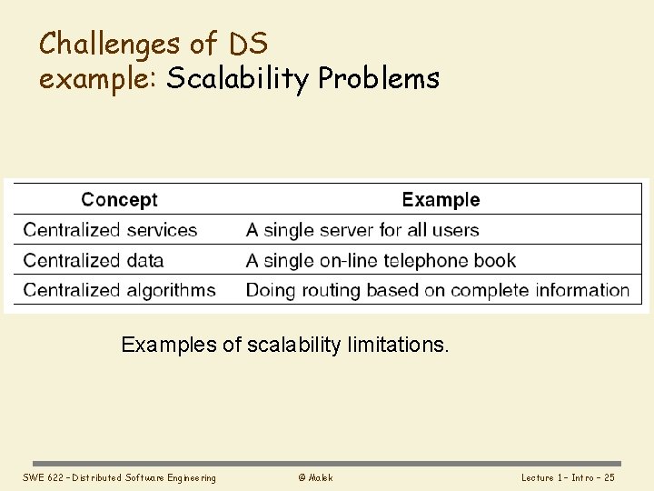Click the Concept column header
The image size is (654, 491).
[x=119, y=200]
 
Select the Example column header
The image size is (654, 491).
[x=441, y=200]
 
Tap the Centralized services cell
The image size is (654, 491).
[x=110, y=230]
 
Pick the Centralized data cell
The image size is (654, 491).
[x=94, y=260]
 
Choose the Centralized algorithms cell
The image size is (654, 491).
[x=119, y=291]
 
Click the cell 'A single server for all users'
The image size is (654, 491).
[x=362, y=230]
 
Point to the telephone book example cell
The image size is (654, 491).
[x=381, y=260]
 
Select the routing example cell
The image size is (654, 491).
[x=438, y=291]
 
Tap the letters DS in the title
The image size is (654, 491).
[x=248, y=43]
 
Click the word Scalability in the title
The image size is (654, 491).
[x=238, y=79]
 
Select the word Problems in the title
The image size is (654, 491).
[x=379, y=79]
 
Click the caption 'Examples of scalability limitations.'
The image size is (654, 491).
[x=285, y=346]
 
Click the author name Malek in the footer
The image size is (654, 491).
[x=320, y=478]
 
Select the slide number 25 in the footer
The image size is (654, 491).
[x=609, y=478]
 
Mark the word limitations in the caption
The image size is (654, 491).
[x=398, y=346]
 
